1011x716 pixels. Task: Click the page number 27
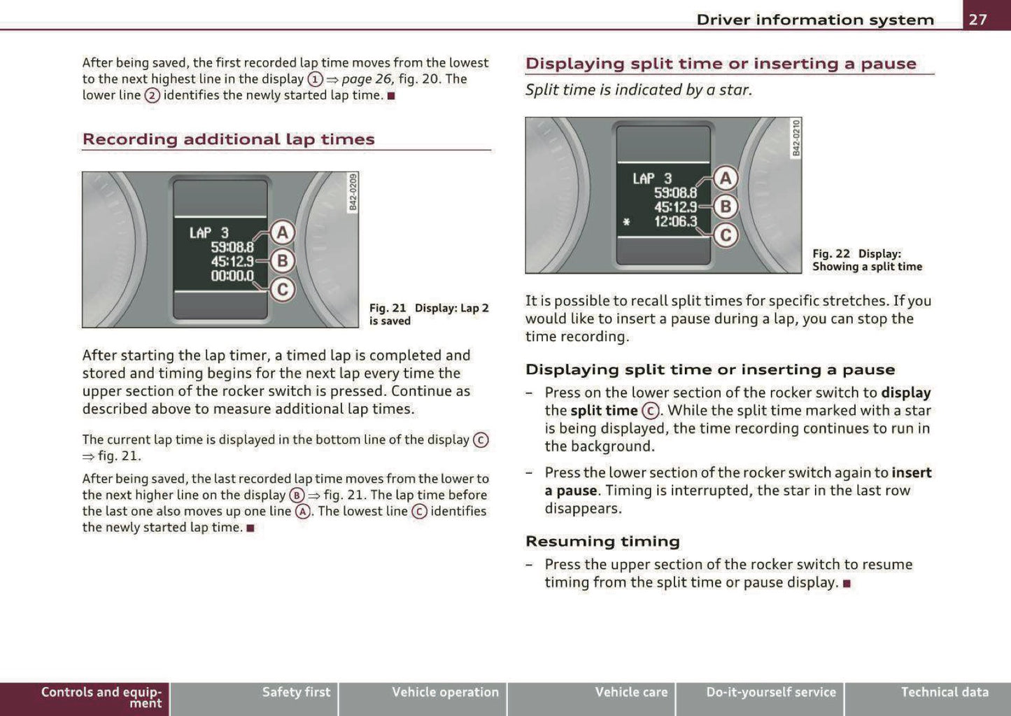point(977,19)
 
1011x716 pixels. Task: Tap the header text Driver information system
point(814,20)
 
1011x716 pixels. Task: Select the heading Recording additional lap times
point(229,139)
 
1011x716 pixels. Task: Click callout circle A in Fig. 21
point(282,232)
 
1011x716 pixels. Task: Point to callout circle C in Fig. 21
point(282,289)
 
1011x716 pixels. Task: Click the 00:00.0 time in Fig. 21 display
point(232,276)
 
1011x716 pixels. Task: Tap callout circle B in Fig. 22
point(726,206)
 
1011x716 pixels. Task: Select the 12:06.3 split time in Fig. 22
point(675,222)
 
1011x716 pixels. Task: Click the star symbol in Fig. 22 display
point(626,223)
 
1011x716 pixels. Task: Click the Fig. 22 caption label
point(831,254)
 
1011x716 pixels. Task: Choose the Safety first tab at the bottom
point(296,692)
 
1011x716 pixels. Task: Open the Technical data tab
point(944,692)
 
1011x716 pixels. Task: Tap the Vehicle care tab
point(631,692)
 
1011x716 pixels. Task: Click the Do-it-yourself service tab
point(770,692)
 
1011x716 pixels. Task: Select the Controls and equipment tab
point(101,697)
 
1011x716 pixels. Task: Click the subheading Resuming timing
point(602,541)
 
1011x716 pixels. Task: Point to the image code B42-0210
point(796,138)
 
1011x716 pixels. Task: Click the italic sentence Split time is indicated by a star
point(638,90)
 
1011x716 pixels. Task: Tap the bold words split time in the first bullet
point(604,411)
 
